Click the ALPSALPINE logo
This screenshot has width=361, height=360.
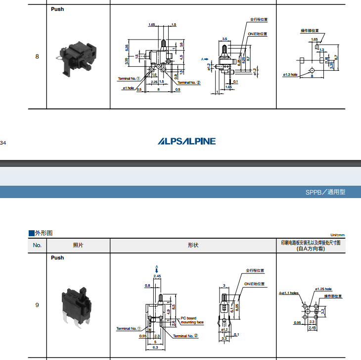coord(186,141)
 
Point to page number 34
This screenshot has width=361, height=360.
coord(3,143)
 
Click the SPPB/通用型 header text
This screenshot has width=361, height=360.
coord(325,192)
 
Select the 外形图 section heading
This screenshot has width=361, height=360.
coord(41,233)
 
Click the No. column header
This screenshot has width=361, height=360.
coord(37,245)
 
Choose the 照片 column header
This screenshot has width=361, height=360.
coord(78,245)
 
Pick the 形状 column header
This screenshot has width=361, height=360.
coord(193,245)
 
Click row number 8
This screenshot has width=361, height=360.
coord(37,56)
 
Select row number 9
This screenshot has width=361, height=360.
coord(37,305)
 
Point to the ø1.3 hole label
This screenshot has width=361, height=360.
coord(290,75)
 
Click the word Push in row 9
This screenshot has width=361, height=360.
coord(57,257)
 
